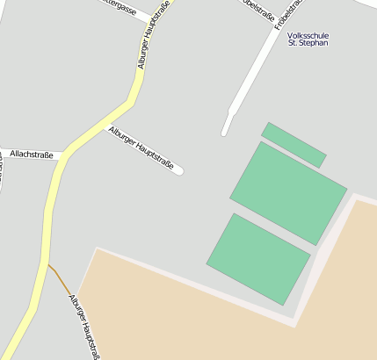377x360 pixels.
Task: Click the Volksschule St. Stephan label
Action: point(308,38)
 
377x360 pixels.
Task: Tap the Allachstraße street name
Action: point(32,155)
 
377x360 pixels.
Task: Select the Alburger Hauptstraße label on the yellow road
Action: point(154,34)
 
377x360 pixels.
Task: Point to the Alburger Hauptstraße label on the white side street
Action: point(141,147)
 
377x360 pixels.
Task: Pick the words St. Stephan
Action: point(308,42)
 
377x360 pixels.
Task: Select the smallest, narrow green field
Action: point(294,145)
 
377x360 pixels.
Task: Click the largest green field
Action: point(288,192)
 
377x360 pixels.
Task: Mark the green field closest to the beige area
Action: point(258,258)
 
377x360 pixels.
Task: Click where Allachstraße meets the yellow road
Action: point(64,155)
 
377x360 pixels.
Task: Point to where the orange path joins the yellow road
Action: point(47,263)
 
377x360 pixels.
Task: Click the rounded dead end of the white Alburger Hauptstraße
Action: point(179,170)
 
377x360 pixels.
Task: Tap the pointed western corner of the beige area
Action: point(96,248)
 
